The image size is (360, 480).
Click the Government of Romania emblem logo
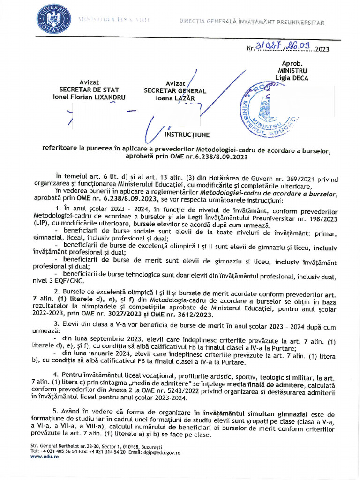click(x=52, y=19)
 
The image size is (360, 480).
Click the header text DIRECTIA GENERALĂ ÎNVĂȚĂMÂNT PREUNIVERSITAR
click(x=251, y=22)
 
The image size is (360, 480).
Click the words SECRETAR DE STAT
click(x=89, y=90)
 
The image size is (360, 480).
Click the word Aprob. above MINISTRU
click(x=292, y=62)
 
